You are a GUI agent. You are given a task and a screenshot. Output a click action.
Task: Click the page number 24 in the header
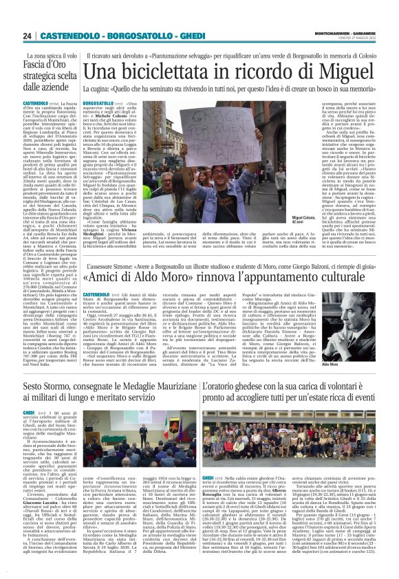coord(27,36)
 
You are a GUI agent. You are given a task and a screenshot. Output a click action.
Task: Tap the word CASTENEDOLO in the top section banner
coord(69,36)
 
